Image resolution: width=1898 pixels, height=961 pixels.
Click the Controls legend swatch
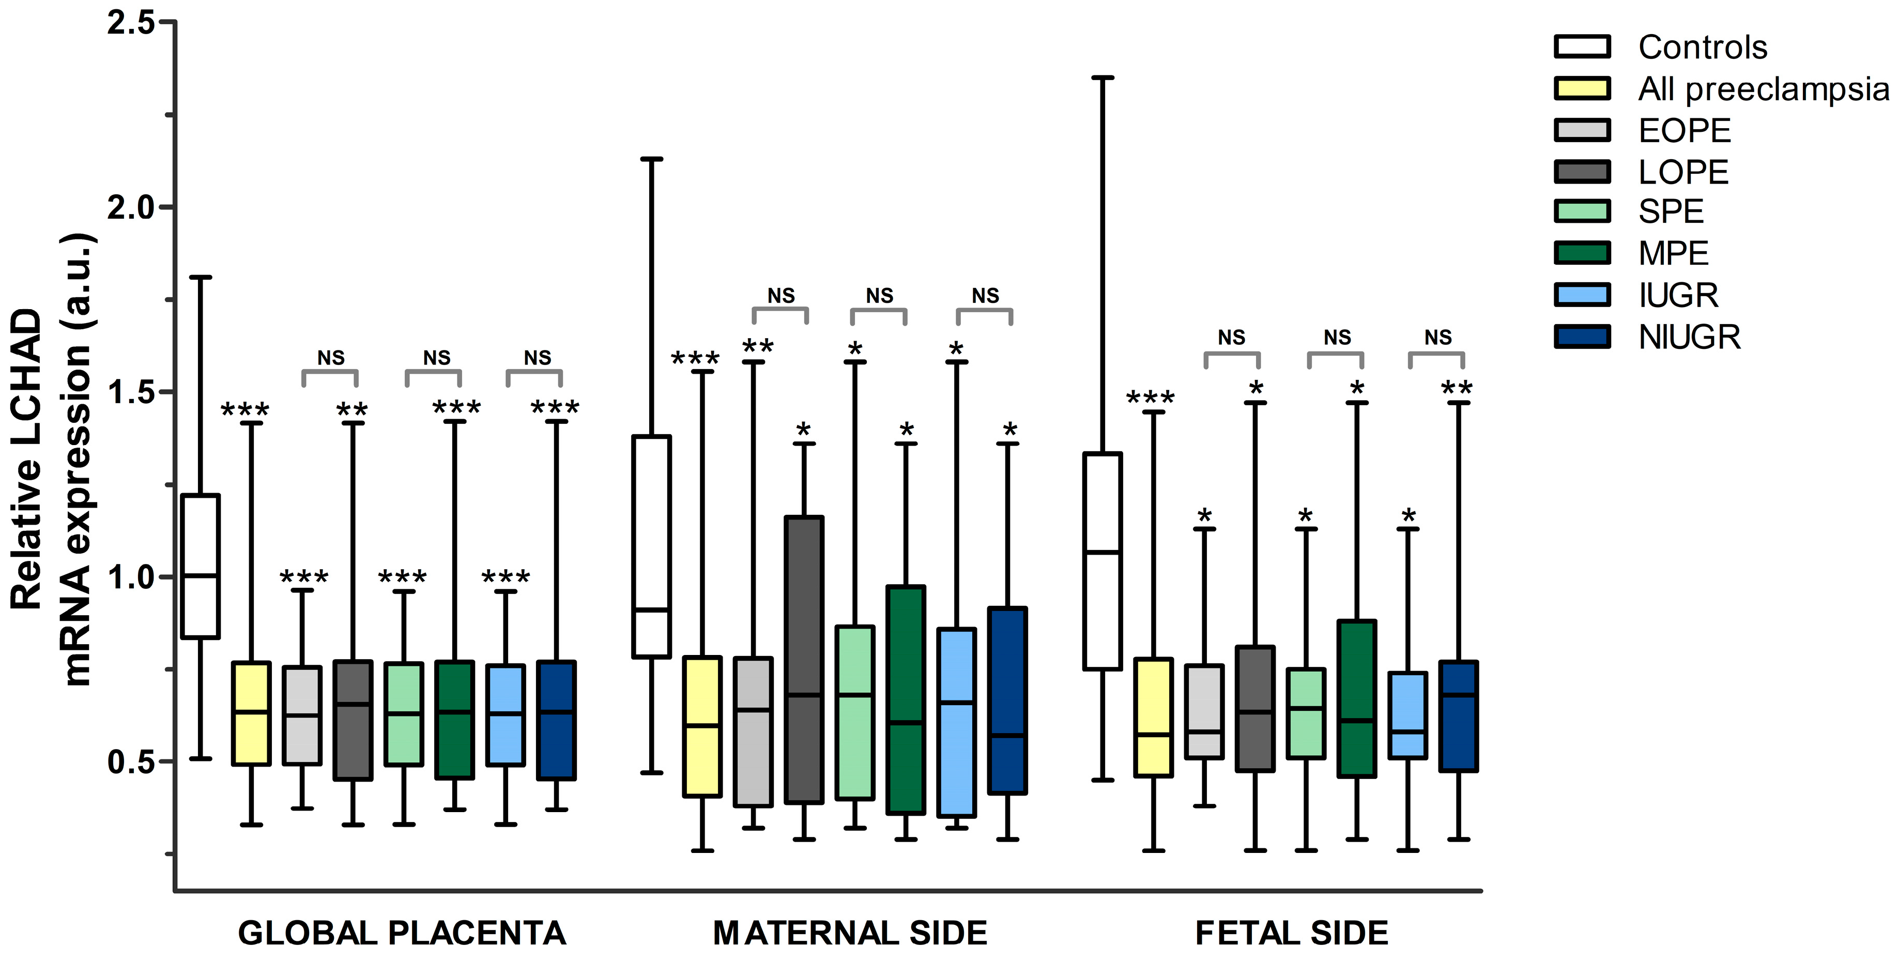click(x=1582, y=47)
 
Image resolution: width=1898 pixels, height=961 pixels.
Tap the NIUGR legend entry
click(x=1689, y=338)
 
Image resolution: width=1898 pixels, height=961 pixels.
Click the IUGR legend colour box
click(x=1582, y=295)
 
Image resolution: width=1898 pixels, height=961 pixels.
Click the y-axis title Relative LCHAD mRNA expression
click(x=52, y=461)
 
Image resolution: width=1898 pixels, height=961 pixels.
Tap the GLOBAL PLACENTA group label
click(x=402, y=933)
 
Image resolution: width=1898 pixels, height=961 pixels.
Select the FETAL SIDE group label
click(x=1291, y=933)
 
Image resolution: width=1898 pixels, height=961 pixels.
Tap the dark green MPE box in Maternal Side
click(x=906, y=700)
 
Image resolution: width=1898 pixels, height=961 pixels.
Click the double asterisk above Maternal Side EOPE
click(x=757, y=346)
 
